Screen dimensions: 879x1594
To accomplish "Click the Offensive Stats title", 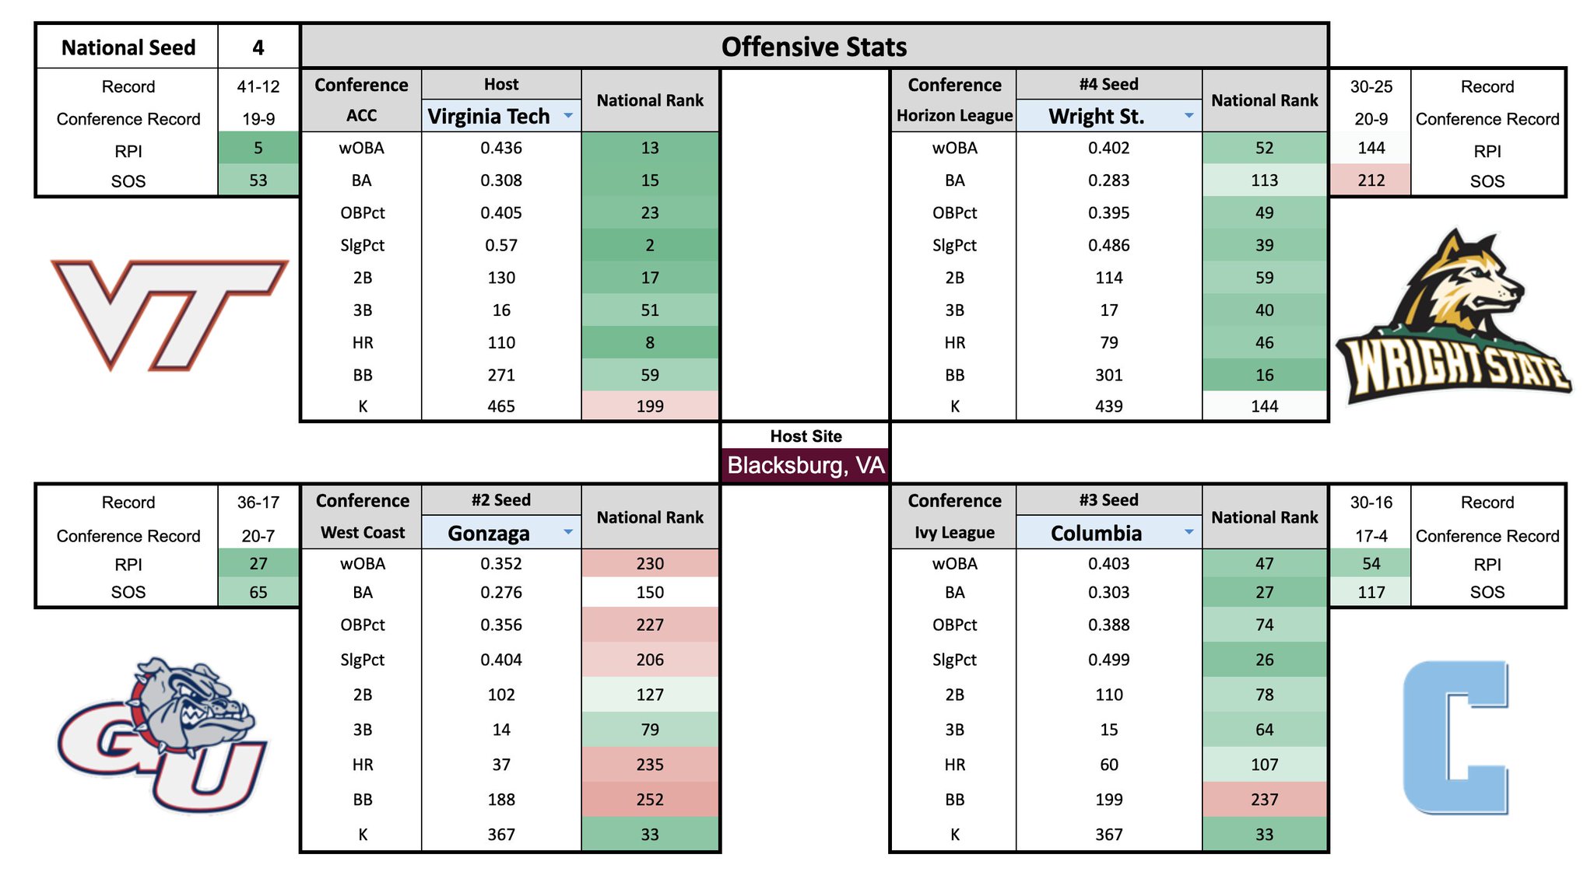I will coord(813,47).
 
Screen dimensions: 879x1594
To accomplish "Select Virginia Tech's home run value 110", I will coord(501,342).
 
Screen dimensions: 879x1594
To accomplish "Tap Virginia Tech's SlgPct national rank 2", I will coord(650,245).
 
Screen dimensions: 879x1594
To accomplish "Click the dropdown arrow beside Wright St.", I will coord(1188,116).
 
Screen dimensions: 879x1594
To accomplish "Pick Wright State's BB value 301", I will coord(1108,375).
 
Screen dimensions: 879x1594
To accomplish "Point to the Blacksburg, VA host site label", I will coord(806,465).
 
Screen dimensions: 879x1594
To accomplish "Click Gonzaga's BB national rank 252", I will coord(650,800).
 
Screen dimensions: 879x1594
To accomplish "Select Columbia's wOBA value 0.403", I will coord(1108,563).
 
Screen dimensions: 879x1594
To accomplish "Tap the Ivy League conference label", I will coord(954,533).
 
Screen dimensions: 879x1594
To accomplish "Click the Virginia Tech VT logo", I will coord(169,313).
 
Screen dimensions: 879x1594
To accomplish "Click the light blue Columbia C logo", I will coord(1454,737).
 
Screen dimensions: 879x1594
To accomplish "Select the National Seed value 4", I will coord(258,47).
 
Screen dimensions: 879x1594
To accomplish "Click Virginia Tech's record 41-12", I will coord(258,86).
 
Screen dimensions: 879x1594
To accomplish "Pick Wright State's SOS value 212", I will coord(1371,180).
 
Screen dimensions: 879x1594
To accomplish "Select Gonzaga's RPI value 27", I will coord(258,563).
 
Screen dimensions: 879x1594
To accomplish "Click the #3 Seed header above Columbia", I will coord(1108,500).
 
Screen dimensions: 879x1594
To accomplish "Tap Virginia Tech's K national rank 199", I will coord(650,406).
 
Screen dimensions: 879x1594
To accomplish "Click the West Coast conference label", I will coord(362,533).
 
